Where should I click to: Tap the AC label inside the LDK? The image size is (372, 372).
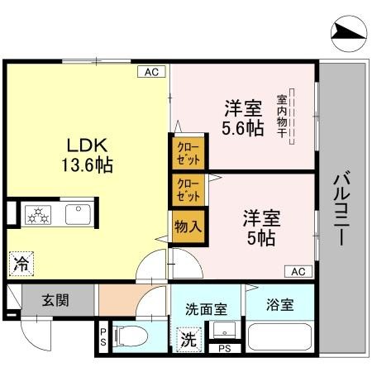151,73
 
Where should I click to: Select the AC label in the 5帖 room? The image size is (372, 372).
298,270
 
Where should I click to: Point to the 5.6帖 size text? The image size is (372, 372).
243,128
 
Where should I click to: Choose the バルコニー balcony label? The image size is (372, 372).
340,207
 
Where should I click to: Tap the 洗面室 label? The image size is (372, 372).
203,310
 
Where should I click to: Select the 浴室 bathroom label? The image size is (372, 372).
280,305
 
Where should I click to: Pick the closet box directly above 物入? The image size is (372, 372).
188,190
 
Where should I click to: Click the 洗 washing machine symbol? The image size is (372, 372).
188,339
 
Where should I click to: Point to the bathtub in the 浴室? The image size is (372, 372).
279,339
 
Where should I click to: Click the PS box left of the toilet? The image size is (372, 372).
103,337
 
